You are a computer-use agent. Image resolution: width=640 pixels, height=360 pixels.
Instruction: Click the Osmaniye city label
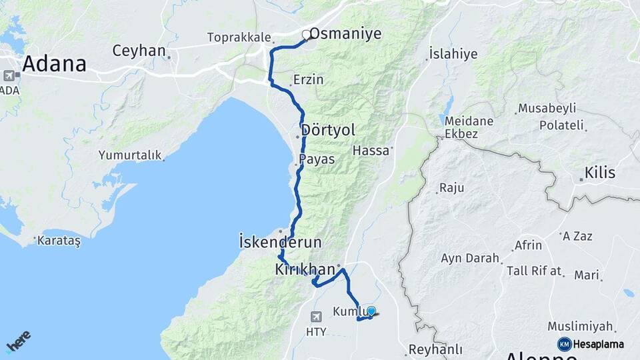click(x=345, y=33)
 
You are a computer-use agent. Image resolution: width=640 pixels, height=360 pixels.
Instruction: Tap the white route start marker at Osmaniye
click(x=307, y=35)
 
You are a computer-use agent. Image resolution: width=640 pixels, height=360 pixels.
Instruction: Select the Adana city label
click(x=55, y=64)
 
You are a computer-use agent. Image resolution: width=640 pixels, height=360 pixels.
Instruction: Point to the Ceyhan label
click(x=138, y=50)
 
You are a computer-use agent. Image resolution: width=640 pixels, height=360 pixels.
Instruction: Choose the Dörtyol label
click(x=328, y=129)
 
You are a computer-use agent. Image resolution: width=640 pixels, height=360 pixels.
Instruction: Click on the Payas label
click(x=317, y=159)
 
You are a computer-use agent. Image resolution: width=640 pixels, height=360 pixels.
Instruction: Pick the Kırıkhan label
click(x=305, y=269)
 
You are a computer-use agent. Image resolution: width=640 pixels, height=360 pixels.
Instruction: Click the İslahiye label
click(x=453, y=53)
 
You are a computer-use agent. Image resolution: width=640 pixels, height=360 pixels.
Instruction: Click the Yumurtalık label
click(x=130, y=155)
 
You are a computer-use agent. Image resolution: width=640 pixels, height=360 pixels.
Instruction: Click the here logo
click(x=18, y=341)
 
